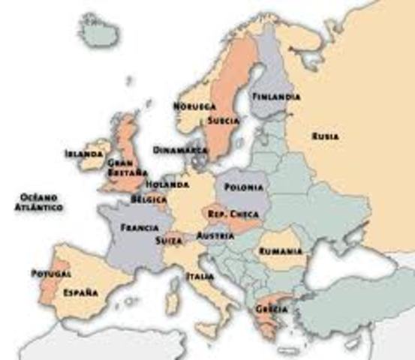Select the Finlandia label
[276, 97]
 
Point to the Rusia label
[325, 136]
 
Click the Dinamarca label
[180, 149]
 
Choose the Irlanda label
[83, 154]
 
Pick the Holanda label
[168, 184]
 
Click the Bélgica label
[149, 200]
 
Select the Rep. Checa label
[228, 214]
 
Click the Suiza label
[167, 241]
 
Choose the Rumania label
[281, 252]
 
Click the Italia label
[200, 276]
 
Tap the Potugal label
[47, 274]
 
